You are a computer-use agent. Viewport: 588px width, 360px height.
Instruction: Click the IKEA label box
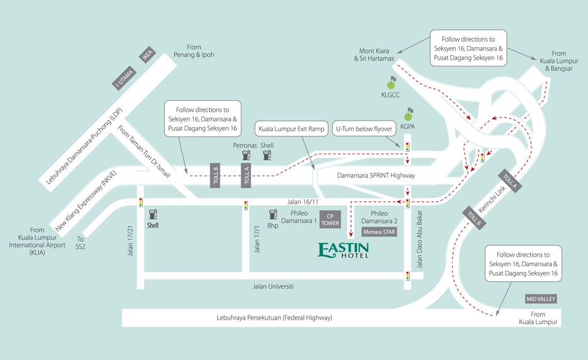pos(147,55)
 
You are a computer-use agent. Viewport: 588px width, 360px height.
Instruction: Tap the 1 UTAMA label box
pos(124,78)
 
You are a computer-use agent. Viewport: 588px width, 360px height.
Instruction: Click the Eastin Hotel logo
pos(343,250)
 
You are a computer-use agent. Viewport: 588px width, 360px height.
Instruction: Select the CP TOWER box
pos(330,219)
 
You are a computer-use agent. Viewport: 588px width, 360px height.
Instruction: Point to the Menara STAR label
pos(379,232)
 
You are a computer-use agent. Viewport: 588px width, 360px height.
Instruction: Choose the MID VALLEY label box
pos(540,299)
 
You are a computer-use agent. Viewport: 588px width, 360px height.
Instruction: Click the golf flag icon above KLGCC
pos(392,82)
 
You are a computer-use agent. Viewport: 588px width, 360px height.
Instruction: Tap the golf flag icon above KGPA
pos(409,114)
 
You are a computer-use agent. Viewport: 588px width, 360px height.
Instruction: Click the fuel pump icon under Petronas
pos(246,155)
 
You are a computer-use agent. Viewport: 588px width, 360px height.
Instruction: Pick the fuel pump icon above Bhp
pos(273,215)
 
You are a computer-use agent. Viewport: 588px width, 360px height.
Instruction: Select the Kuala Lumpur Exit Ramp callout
pos(291,129)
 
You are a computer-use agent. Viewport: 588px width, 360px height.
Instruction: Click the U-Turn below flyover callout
pos(364,129)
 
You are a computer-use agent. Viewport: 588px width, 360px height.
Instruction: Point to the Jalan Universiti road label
pos(273,286)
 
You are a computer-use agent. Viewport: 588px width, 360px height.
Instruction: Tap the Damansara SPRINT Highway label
pos(375,176)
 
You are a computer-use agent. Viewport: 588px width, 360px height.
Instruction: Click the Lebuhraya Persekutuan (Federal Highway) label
pos(274,318)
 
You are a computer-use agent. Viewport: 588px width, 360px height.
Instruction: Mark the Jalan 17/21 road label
pos(130,241)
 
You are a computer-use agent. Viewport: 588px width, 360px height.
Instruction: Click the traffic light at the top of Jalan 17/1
pos(246,205)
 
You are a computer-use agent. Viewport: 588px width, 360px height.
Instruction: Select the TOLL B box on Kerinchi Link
pos(474,218)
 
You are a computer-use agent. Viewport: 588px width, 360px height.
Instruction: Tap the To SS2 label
pos(80,243)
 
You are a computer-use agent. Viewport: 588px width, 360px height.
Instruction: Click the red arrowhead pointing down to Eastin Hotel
pos(351,235)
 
